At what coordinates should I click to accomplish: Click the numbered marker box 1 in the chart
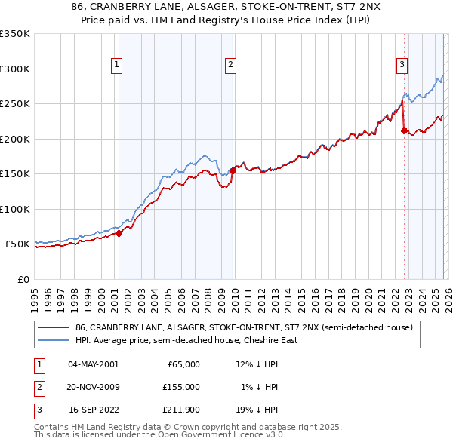click(x=118, y=66)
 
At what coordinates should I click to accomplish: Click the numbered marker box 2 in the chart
click(x=230, y=66)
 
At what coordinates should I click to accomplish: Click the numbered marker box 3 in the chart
click(x=402, y=66)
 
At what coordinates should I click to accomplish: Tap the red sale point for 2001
click(x=119, y=234)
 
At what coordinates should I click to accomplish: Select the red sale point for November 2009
click(x=233, y=170)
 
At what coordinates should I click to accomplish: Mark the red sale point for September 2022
click(x=403, y=130)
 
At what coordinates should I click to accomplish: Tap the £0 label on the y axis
click(x=22, y=279)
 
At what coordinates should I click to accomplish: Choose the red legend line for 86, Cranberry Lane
click(x=53, y=328)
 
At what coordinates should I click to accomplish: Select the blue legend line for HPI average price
click(x=53, y=341)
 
